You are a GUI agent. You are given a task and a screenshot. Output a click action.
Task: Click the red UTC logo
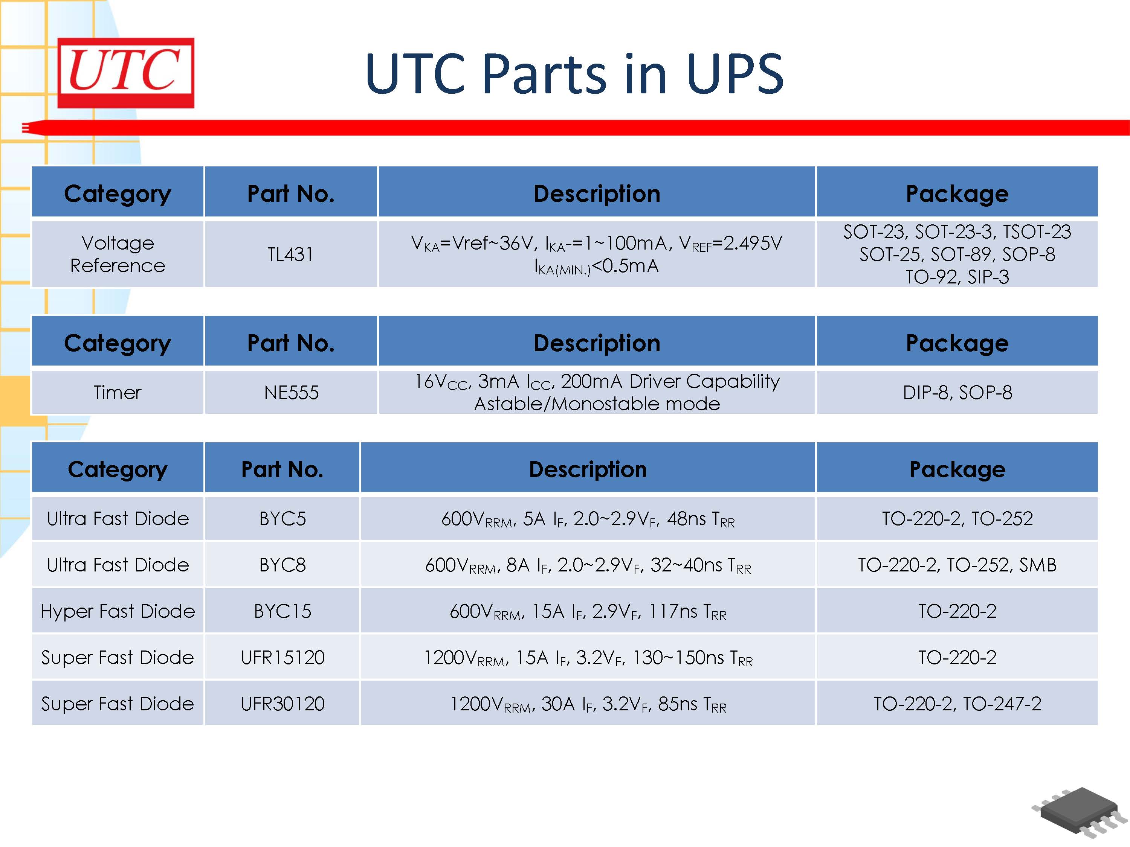(x=126, y=73)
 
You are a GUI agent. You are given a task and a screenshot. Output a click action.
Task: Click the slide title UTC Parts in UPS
(x=574, y=74)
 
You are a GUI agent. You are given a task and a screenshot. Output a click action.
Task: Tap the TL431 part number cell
(x=290, y=254)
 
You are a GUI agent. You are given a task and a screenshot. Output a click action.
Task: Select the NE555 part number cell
(x=291, y=393)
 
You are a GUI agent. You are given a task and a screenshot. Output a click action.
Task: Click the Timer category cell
(x=118, y=393)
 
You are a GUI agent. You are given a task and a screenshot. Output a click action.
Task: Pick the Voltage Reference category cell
(x=118, y=254)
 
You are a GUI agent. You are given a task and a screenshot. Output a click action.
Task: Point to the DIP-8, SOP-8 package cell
(x=957, y=393)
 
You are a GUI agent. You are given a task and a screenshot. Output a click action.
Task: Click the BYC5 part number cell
(x=282, y=519)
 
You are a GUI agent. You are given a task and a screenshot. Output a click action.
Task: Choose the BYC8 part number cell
(x=282, y=565)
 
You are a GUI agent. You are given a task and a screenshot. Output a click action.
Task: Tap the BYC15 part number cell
(x=282, y=611)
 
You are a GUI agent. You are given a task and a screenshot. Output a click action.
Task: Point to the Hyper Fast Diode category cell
(x=118, y=611)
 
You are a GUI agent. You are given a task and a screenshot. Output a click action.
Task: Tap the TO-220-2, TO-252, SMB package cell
(x=957, y=565)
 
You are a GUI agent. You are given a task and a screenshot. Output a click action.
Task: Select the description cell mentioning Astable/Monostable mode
(x=597, y=393)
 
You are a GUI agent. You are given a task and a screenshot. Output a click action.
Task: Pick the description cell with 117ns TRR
(x=588, y=611)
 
